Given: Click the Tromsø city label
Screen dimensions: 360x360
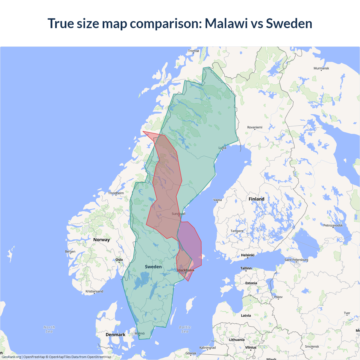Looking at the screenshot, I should pyautogui.click(x=193, y=51).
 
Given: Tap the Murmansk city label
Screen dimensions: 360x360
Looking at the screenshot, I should pyautogui.click(x=321, y=68).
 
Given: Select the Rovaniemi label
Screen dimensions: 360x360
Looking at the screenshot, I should pyautogui.click(x=255, y=127).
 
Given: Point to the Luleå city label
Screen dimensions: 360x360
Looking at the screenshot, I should pyautogui.click(x=222, y=148).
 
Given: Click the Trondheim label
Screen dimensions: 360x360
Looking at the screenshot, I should pyautogui.click(x=116, y=193).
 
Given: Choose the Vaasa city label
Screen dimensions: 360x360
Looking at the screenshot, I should pyautogui.click(x=217, y=200).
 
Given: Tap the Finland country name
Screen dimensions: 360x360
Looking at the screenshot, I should pyautogui.click(x=256, y=199).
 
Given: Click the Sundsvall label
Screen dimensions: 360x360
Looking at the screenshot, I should pyautogui.click(x=179, y=214).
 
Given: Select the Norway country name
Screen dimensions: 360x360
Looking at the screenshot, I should pyautogui.click(x=102, y=240).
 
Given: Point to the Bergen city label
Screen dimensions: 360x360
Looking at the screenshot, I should pyautogui.click(x=70, y=251).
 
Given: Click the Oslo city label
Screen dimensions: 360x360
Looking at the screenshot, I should pyautogui.click(x=119, y=260).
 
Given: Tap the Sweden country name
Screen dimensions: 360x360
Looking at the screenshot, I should pyautogui.click(x=153, y=267).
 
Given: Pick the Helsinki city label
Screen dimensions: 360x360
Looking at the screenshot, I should pyautogui.click(x=247, y=255).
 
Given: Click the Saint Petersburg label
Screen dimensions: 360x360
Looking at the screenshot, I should pyautogui.click(x=296, y=260).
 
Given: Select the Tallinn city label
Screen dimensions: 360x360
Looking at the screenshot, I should pyautogui.click(x=246, y=268).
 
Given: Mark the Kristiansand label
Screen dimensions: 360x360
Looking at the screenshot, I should pyautogui.click(x=94, y=291).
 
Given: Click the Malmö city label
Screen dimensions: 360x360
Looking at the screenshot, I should pyautogui.click(x=139, y=333).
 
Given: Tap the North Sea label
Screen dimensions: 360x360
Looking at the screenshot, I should pyautogui.click(x=49, y=329).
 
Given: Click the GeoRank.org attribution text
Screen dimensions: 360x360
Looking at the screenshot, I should pyautogui.click(x=11, y=357).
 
